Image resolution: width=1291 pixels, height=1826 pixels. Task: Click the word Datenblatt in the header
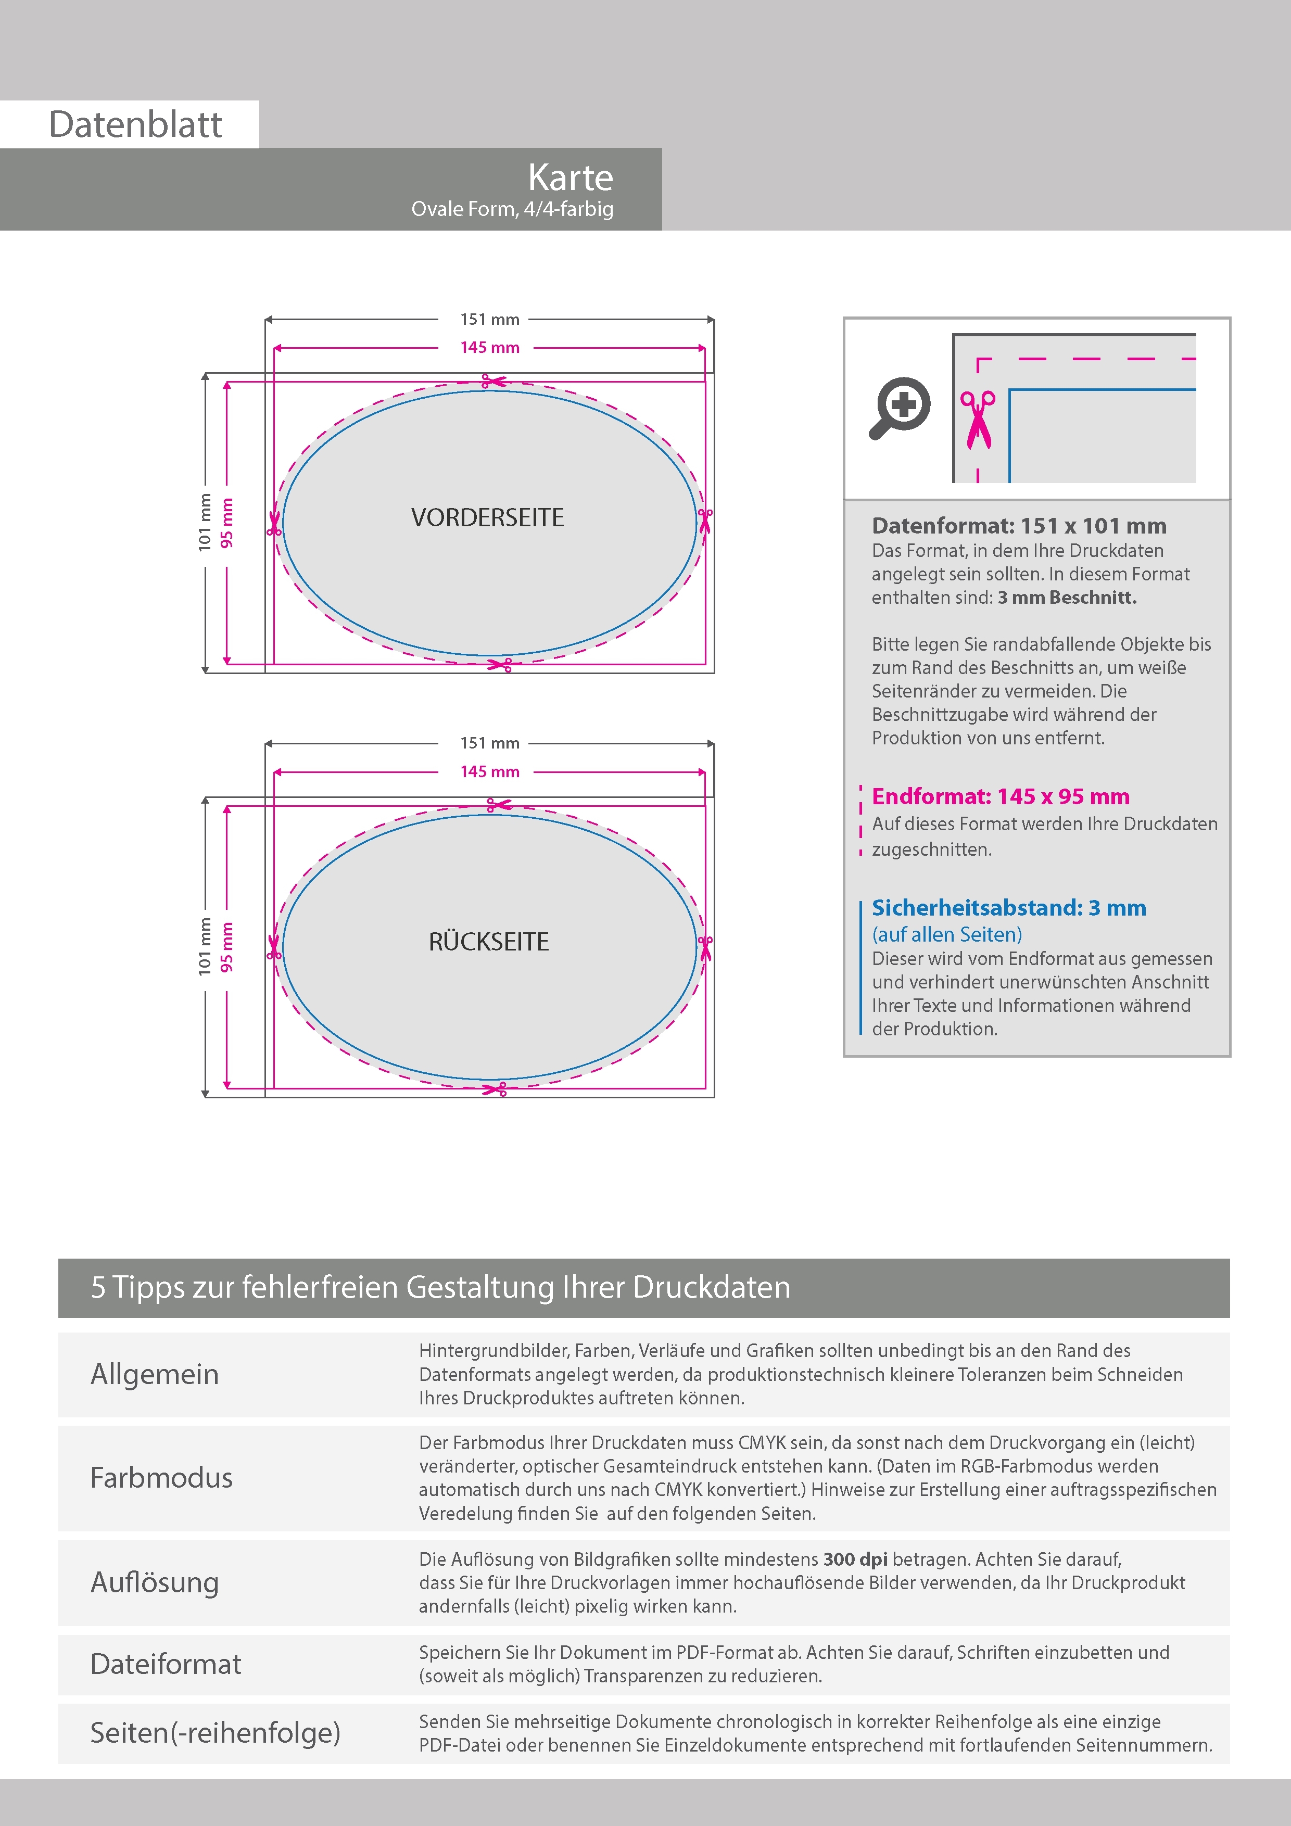pyautogui.click(x=135, y=125)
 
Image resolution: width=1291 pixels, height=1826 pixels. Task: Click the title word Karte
pyautogui.click(x=571, y=178)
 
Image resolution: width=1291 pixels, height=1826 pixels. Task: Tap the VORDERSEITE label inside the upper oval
pyautogui.click(x=488, y=518)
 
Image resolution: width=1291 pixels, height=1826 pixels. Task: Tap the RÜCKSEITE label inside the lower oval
pyautogui.click(x=488, y=942)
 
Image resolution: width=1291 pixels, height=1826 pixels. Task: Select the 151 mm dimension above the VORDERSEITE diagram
pyautogui.click(x=489, y=320)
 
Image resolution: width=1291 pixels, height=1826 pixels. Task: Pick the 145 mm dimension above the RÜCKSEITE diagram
pyautogui.click(x=489, y=771)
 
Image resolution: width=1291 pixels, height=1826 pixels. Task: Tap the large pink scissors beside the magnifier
pyautogui.click(x=978, y=419)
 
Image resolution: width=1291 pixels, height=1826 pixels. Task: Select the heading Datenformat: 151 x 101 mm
pyautogui.click(x=1019, y=526)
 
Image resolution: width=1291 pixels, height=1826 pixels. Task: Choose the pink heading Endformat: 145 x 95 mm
pyautogui.click(x=1000, y=796)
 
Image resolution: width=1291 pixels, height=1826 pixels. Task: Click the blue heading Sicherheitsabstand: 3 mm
pyautogui.click(x=1009, y=907)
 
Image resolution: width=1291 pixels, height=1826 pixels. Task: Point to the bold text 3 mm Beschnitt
pyautogui.click(x=1067, y=597)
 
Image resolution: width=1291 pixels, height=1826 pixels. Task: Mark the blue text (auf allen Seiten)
pyautogui.click(x=946, y=934)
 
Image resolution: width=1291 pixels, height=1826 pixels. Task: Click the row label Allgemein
pyautogui.click(x=154, y=1374)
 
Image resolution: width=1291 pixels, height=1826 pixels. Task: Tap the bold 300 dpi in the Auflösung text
pyautogui.click(x=855, y=1559)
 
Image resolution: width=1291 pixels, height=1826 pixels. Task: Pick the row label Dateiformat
pyautogui.click(x=166, y=1664)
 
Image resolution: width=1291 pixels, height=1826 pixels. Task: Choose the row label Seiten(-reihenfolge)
pyautogui.click(x=215, y=1732)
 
